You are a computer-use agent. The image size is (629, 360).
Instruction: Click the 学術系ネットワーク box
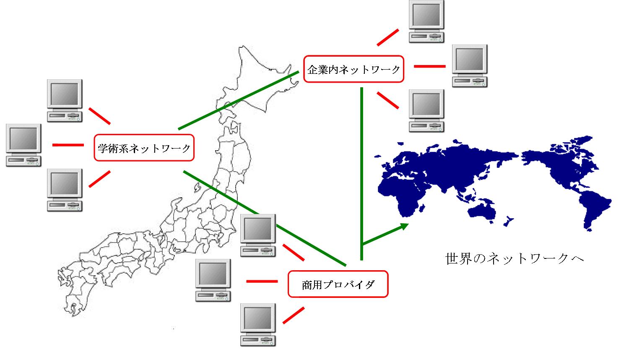144,148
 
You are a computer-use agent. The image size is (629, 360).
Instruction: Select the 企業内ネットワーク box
353,69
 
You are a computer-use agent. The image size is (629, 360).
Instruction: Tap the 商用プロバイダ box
338,285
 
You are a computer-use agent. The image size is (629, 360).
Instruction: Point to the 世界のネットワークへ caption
515,258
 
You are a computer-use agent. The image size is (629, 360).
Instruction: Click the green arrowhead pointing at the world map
404,227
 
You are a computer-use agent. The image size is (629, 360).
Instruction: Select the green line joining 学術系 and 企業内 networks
237,101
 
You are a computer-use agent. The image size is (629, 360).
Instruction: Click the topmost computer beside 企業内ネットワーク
426,21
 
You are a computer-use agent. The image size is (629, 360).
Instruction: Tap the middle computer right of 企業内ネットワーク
470,65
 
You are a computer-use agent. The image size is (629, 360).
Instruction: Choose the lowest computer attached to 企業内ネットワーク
426,110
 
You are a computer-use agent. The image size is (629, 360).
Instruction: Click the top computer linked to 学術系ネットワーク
64,100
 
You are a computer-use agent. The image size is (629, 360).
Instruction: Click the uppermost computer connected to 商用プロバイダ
258,235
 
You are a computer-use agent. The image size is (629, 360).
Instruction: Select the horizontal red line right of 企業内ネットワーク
429,66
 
